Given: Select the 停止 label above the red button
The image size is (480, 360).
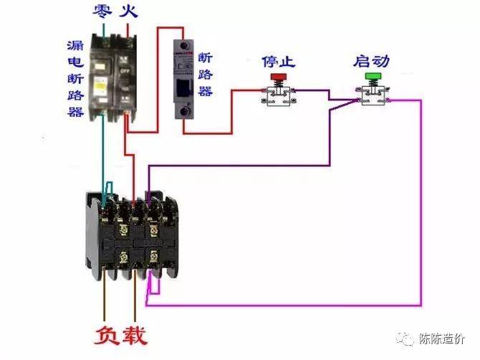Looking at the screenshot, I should point(279,61).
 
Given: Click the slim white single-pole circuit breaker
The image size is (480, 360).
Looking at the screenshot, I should point(185,79).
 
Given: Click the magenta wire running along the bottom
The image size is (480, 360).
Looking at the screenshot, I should point(287,304).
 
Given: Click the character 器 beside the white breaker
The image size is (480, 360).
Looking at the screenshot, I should point(205,91).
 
